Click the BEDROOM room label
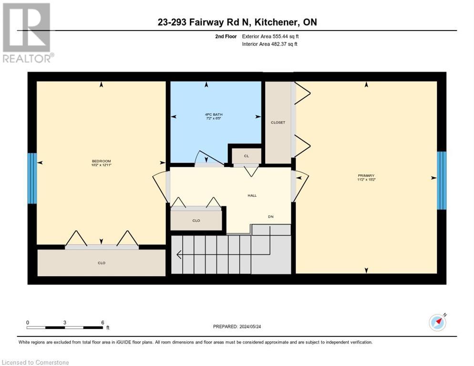[101, 162]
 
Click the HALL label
[252, 195]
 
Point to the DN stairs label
[270, 216]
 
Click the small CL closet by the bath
[246, 156]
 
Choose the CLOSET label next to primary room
[278, 122]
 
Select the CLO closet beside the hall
[196, 221]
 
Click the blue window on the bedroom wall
[32, 178]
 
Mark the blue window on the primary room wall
[442, 181]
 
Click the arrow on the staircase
[179, 255]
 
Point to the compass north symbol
[437, 323]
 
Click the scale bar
[65, 327]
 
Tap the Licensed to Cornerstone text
[36, 363]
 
